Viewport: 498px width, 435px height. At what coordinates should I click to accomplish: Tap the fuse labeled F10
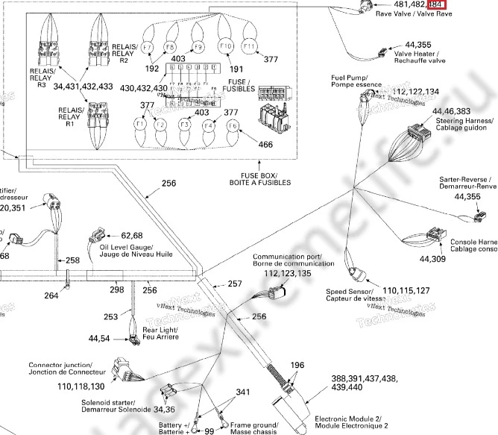coord(225,46)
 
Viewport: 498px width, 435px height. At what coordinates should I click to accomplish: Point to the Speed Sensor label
coord(351,294)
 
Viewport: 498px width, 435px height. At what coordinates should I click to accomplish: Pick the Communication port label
coord(283,260)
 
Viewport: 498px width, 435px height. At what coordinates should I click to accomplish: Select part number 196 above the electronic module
coord(297,366)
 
